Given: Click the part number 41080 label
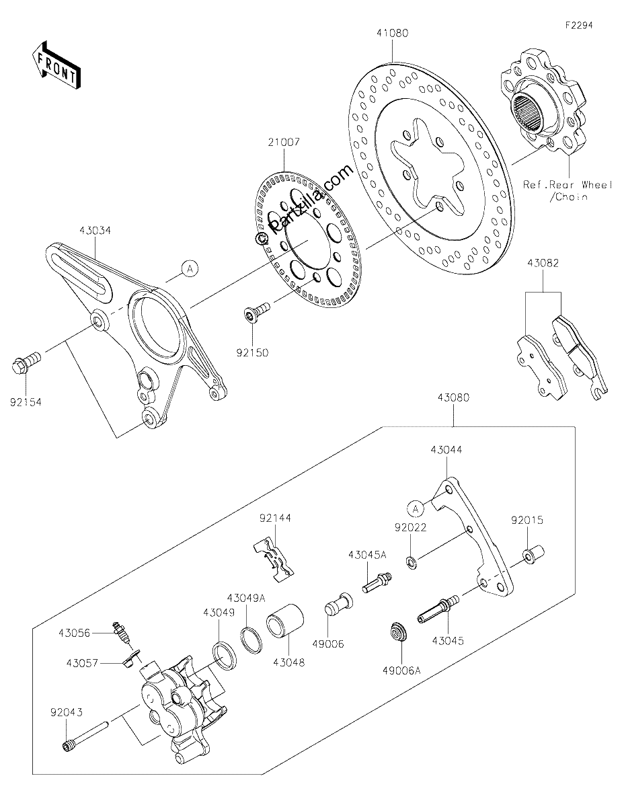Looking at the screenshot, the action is click(x=393, y=34).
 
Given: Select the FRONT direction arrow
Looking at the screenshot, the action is click(x=56, y=64).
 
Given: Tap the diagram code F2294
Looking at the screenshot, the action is click(x=579, y=26).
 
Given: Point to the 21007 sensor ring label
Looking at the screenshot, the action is click(x=284, y=142).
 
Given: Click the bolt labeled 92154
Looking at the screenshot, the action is click(x=26, y=362).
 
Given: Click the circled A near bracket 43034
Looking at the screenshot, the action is click(x=190, y=268).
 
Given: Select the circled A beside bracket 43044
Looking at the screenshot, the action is click(x=416, y=508).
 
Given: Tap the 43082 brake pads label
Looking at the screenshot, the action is click(x=543, y=264).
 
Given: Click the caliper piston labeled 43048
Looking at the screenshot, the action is click(x=285, y=623).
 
